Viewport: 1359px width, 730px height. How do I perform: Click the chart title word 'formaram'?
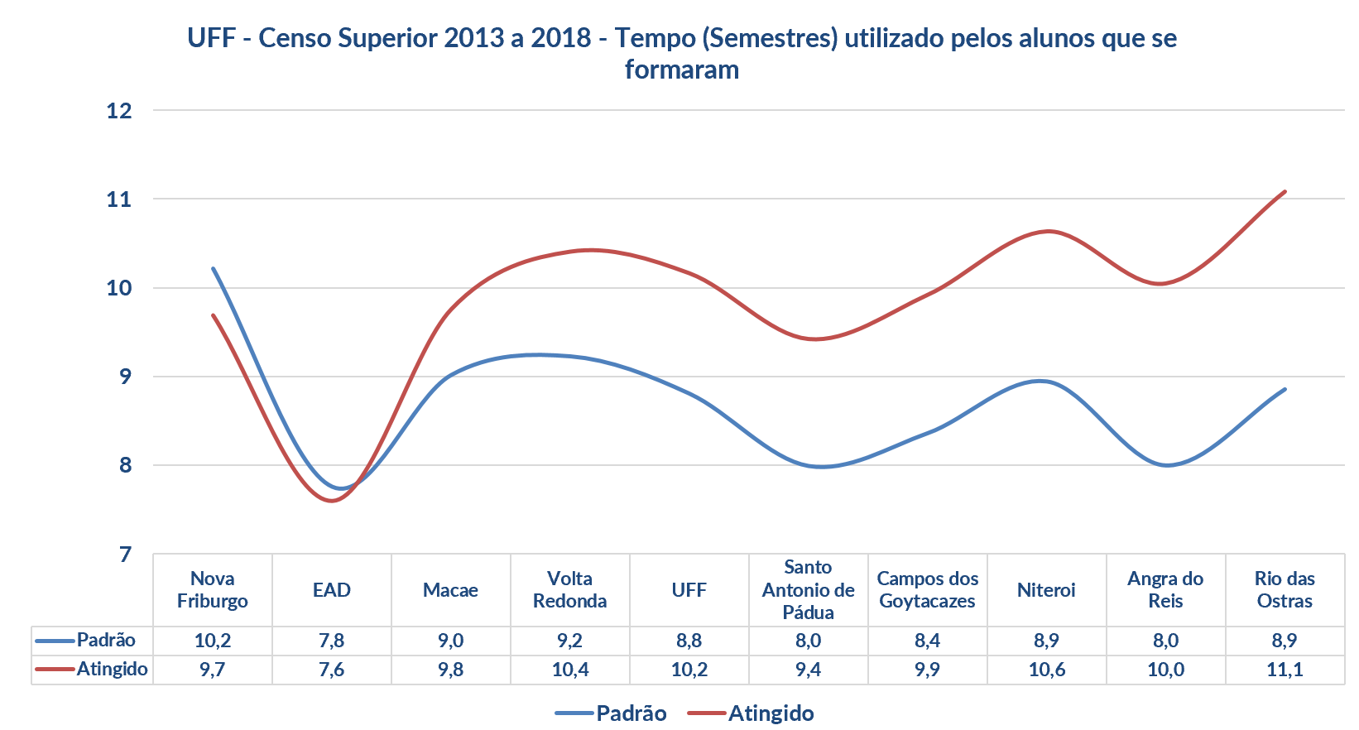681,70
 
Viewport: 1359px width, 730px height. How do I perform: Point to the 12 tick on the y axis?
119,110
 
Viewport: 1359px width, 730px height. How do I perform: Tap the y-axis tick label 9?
125,377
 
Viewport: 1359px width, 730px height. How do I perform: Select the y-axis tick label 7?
125,554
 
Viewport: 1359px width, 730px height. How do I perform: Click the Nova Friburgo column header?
213,590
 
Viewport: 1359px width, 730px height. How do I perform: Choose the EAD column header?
332,590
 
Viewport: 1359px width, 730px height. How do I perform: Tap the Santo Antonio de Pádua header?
808,590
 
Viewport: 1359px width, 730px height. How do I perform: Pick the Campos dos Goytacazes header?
927,590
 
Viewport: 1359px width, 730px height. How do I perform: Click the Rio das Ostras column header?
1285,590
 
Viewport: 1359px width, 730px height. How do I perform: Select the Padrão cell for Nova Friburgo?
213,641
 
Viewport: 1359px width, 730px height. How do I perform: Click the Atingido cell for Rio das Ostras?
1285,670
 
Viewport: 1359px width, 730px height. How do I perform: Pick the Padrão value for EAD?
332,641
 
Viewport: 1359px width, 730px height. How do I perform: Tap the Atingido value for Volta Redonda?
570,670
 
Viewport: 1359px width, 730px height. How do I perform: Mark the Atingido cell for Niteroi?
1046,670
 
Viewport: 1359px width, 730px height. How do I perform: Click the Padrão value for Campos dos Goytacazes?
927,641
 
